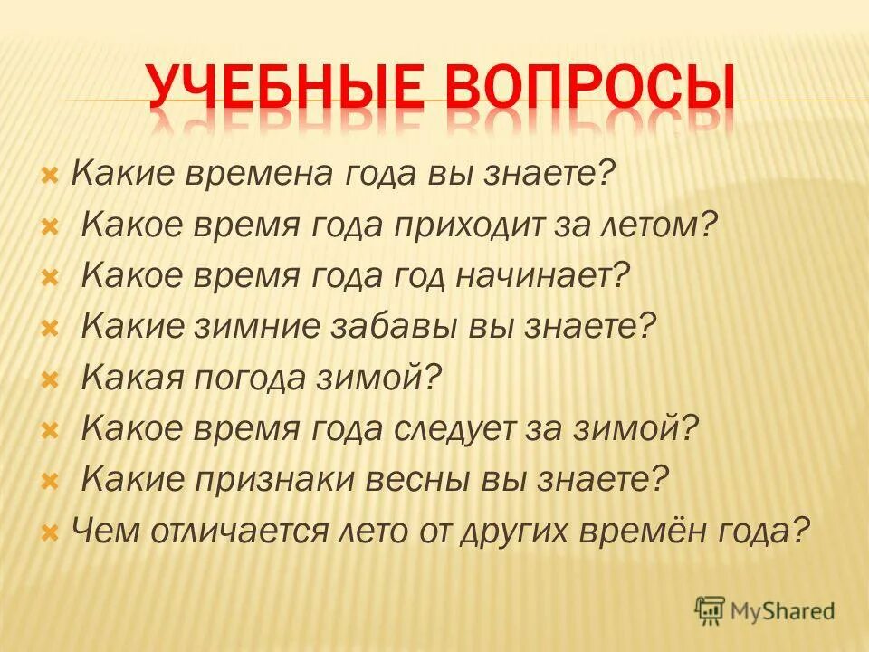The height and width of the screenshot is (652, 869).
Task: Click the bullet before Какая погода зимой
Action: [x=50, y=378]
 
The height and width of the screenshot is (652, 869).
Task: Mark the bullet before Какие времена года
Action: [x=50, y=173]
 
